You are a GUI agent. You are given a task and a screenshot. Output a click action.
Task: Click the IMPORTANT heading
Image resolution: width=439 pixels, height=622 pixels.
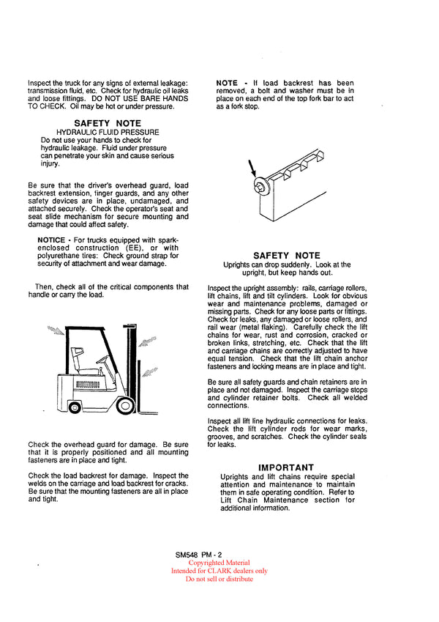pyautogui.click(x=286, y=467)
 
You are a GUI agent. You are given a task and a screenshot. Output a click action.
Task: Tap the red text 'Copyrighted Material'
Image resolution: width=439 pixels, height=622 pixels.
pyautogui.click(x=219, y=563)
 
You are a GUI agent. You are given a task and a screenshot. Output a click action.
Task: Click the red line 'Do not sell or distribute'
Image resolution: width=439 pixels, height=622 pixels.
pyautogui.click(x=219, y=579)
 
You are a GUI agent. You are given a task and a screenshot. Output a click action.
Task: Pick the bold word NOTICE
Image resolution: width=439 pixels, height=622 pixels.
pyautogui.click(x=51, y=240)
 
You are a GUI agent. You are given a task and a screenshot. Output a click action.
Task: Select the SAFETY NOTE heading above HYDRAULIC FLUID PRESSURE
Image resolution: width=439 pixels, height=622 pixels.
pyautogui.click(x=108, y=123)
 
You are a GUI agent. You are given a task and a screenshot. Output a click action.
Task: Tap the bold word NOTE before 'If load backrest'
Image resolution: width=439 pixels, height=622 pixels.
pyautogui.click(x=227, y=84)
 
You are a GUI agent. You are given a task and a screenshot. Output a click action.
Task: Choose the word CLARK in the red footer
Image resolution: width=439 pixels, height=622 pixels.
pyautogui.click(x=217, y=571)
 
